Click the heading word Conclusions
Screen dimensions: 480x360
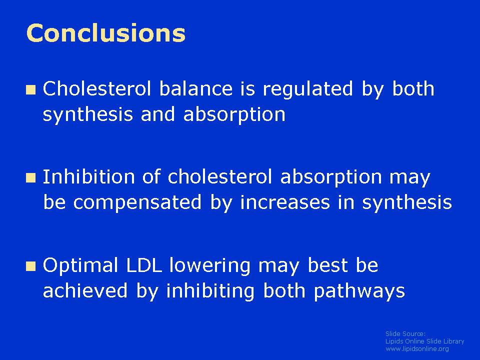[x=106, y=33]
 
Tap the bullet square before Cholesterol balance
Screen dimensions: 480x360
[x=31, y=90]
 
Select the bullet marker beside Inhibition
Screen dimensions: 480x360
[x=31, y=178]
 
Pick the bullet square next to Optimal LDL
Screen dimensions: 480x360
[x=31, y=266]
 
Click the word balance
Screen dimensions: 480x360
[x=196, y=89]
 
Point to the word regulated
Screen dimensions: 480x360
[x=308, y=89]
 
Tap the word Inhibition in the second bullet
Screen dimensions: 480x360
[x=88, y=176]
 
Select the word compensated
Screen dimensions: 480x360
[x=137, y=202]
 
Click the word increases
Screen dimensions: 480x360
[x=285, y=202]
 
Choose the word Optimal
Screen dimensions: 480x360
[x=80, y=265]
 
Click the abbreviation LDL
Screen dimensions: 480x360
[x=144, y=265]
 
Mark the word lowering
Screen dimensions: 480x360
[x=210, y=265]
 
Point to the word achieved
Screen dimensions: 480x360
[x=85, y=290]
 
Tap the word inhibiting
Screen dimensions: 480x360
[x=210, y=291]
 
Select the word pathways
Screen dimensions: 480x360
[x=359, y=291]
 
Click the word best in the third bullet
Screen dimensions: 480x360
[x=327, y=265]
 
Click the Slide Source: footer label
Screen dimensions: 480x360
[x=405, y=333]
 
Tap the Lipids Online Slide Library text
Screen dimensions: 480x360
[x=424, y=341]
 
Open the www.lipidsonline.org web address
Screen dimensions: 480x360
[x=417, y=349]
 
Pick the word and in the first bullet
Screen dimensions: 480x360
[x=157, y=114]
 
